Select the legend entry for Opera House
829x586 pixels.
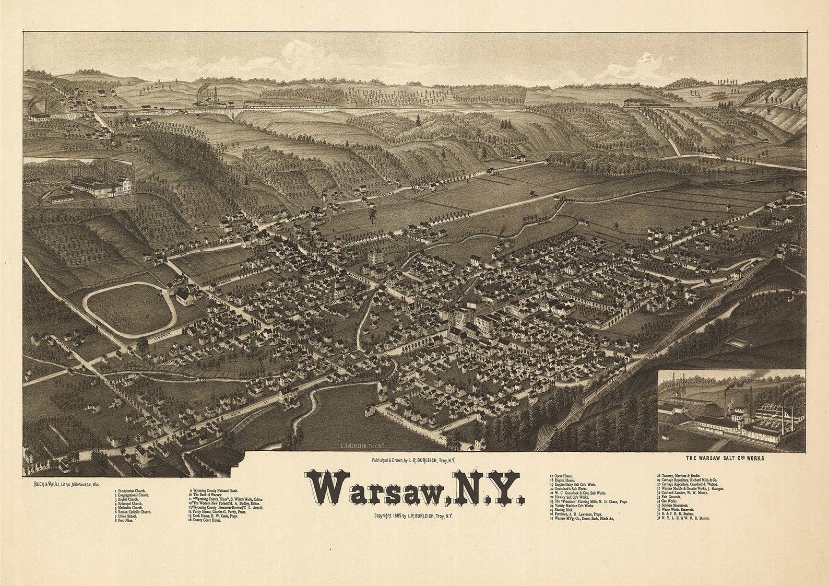pos(562,476)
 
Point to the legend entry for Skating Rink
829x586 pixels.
pos(563,510)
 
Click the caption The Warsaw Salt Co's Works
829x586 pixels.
pos(725,458)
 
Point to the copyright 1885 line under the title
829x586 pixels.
pos(413,515)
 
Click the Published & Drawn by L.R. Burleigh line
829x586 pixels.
pos(413,461)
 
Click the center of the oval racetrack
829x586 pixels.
pos(129,310)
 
